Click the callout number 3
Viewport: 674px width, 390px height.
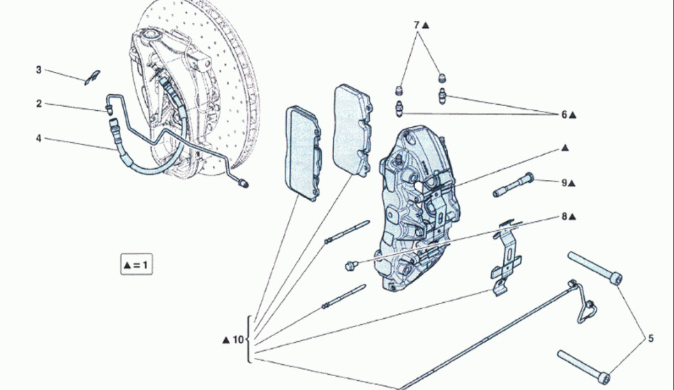38,70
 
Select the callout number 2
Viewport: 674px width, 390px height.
39,104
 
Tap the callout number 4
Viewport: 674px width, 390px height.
38,138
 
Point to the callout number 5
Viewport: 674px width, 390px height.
650,339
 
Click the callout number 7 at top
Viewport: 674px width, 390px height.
416,25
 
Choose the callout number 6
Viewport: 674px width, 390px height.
564,115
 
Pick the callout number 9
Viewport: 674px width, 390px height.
564,183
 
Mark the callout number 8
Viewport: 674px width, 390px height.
564,217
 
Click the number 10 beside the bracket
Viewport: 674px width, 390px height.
238,340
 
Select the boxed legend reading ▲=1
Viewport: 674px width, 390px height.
136,265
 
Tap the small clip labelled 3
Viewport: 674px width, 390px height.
92,78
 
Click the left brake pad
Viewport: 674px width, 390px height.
303,153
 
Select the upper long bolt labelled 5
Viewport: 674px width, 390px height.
595,268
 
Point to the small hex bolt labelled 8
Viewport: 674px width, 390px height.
351,266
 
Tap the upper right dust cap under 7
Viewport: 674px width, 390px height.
442,78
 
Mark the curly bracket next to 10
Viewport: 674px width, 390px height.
249,340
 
